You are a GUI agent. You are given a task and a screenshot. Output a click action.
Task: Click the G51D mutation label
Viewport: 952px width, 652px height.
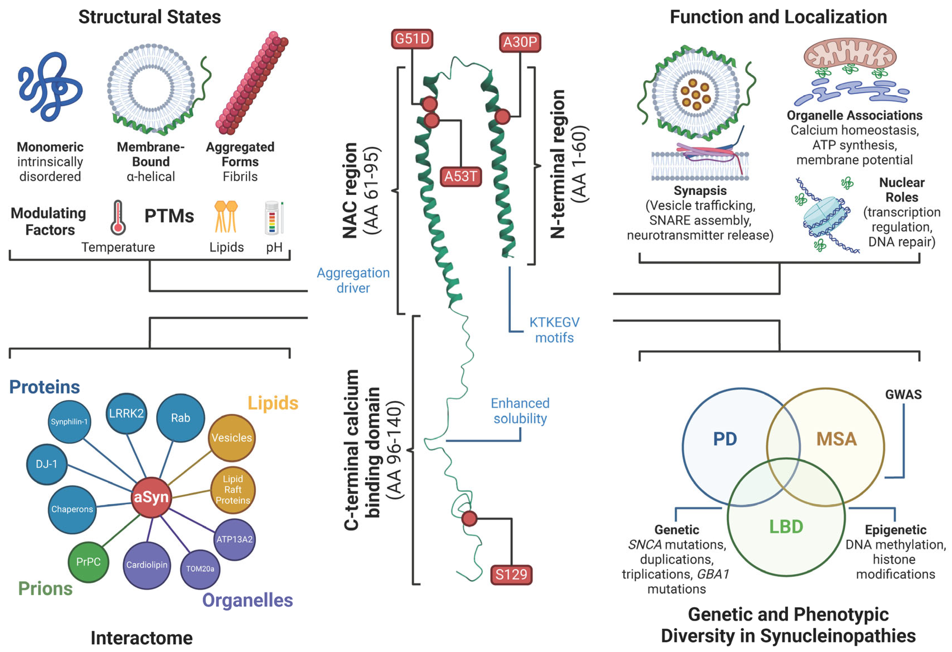[412, 39]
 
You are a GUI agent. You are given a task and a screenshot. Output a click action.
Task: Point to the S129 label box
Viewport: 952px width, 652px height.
[511, 575]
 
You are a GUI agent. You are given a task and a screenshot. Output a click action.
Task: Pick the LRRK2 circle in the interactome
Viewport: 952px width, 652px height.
[126, 413]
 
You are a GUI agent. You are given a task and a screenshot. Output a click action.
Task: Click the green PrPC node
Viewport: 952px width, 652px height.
[88, 562]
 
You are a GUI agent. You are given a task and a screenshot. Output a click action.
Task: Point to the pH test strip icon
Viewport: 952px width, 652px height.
[273, 218]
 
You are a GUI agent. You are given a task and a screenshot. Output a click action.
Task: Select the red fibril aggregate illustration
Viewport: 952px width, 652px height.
[252, 84]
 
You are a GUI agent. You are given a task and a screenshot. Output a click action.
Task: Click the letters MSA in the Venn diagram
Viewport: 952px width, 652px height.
[836, 439]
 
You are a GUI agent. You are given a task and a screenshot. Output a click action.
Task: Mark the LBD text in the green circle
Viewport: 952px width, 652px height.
[786, 527]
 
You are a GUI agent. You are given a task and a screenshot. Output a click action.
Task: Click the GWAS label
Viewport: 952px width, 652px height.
[903, 395]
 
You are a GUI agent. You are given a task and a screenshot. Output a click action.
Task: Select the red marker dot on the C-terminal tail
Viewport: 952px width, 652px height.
[470, 519]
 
